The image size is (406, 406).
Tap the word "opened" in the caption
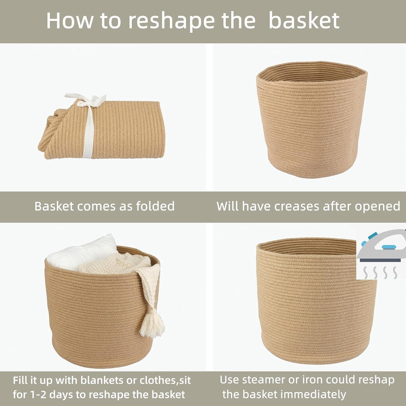[377, 207]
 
